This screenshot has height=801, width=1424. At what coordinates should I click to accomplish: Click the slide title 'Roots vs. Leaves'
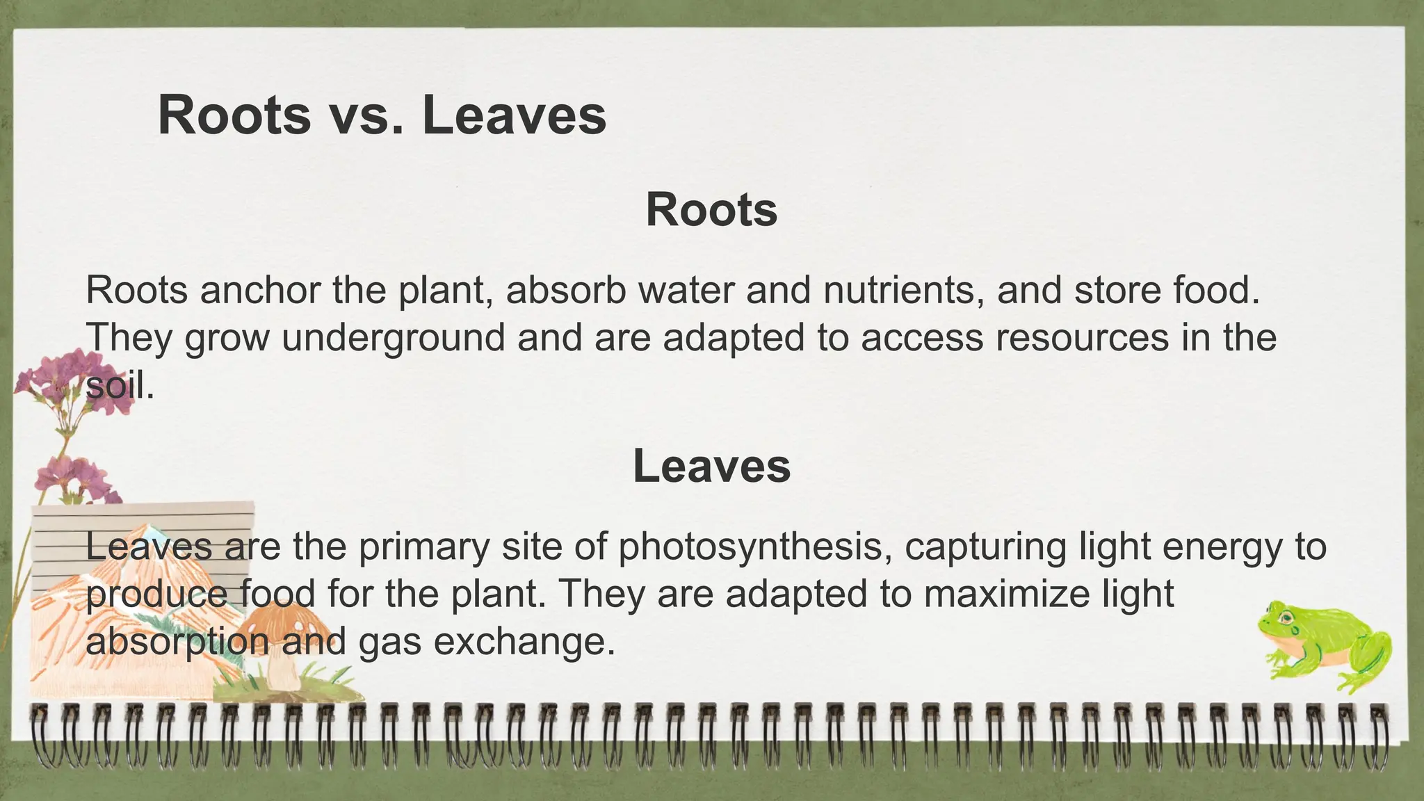click(x=382, y=115)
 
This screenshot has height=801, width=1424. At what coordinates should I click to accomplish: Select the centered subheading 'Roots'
click(x=711, y=209)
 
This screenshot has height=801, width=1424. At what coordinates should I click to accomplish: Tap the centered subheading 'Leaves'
click(x=711, y=466)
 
